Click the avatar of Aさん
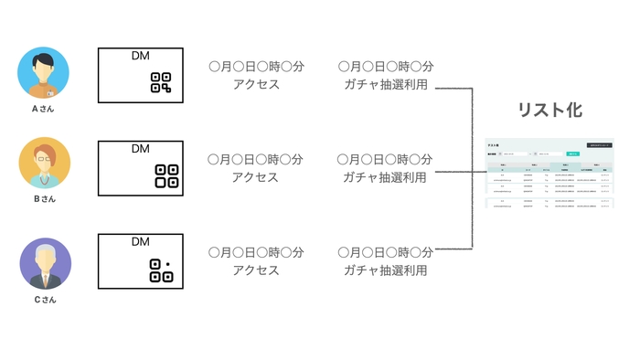coord(44,73)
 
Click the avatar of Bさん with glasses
coord(44,163)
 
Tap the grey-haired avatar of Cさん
coord(44,263)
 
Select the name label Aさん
coord(44,109)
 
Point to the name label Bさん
coord(44,198)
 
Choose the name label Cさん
coord(44,299)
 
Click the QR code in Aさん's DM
coord(161,82)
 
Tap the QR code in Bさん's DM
coord(165,175)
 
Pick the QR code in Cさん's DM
coord(161,270)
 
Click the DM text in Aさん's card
coord(140,57)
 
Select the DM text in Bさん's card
coord(140,148)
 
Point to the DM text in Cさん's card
coord(140,241)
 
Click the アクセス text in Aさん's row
coord(255,85)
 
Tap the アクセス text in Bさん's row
coord(255,177)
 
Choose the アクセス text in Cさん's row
coord(255,270)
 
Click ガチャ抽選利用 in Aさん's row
coord(385,85)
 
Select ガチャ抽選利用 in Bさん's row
coord(385,177)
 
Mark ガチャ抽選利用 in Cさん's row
coord(385,270)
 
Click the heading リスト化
coord(549,111)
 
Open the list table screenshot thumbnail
coord(549,175)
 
